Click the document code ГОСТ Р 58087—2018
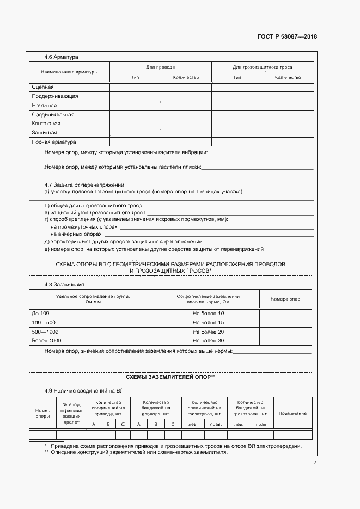coord(287,37)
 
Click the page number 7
coord(314,462)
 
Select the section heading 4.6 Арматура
coord(62,57)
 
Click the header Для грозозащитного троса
coord(262,68)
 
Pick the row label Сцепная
coord(42,87)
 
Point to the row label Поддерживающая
coord(54,96)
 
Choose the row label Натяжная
coord(44,106)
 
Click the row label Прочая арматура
coord(53,142)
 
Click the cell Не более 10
coord(208,314)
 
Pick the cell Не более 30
coord(208,341)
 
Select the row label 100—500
coord(44,323)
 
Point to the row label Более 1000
coord(48,341)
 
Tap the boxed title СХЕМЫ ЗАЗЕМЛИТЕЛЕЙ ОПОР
coord(170,377)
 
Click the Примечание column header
coord(292,414)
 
